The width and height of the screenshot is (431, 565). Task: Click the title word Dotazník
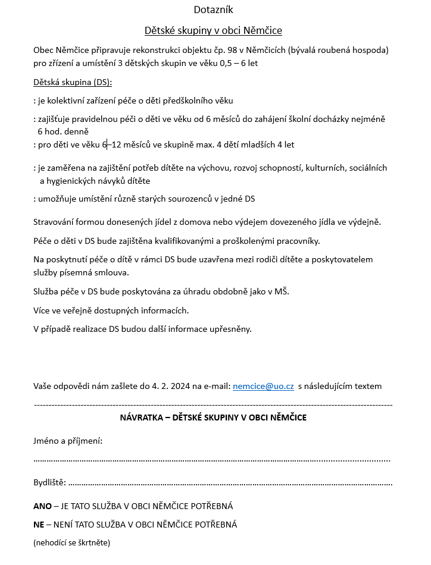tap(214, 10)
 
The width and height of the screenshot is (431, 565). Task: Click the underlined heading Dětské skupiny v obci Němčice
tap(214, 30)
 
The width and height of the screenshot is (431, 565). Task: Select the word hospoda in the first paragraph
tap(369, 51)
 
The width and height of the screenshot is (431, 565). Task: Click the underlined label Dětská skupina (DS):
tap(73, 81)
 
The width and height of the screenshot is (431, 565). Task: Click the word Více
tap(43, 310)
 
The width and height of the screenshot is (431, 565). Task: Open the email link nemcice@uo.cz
tap(263, 386)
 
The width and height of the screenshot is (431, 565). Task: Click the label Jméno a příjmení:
tap(68, 441)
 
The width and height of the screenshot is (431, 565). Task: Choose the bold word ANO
tap(42, 506)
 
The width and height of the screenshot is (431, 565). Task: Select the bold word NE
tap(39, 525)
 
